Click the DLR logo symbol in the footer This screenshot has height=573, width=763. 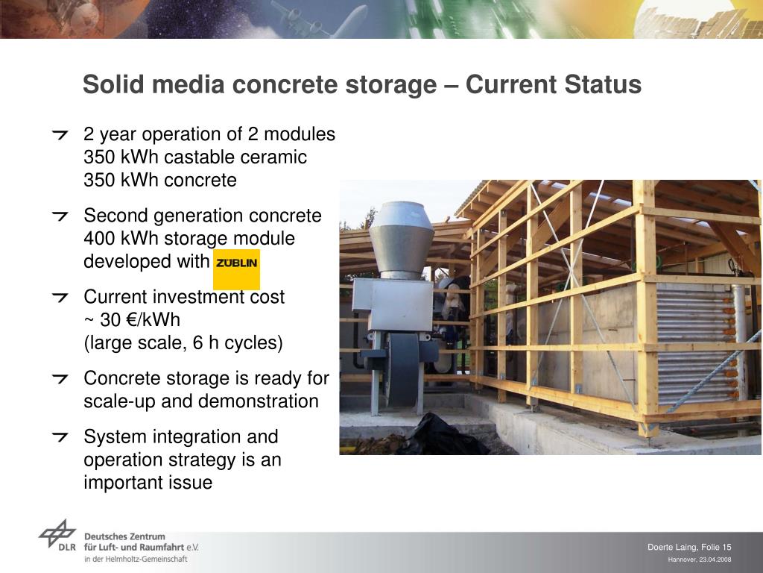pyautogui.click(x=57, y=536)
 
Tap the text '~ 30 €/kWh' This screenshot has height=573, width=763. pyautogui.click(x=132, y=320)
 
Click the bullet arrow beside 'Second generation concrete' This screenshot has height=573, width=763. pyautogui.click(x=60, y=216)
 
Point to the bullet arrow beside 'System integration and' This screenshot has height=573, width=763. pyautogui.click(x=60, y=437)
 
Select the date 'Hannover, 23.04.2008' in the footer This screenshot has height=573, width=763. pyautogui.click(x=700, y=560)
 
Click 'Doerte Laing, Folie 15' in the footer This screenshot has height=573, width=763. pyautogui.click(x=689, y=548)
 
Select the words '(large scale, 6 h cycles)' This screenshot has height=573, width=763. pyautogui.click(x=183, y=343)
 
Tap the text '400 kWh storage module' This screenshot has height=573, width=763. pyautogui.click(x=189, y=239)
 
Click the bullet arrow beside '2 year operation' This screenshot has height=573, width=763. pyautogui.click(x=60, y=135)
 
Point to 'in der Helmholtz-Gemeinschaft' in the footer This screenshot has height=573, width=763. pyautogui.click(x=136, y=559)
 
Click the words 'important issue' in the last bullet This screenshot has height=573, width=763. pyautogui.click(x=148, y=483)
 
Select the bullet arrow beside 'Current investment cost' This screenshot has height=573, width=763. pyautogui.click(x=60, y=298)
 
